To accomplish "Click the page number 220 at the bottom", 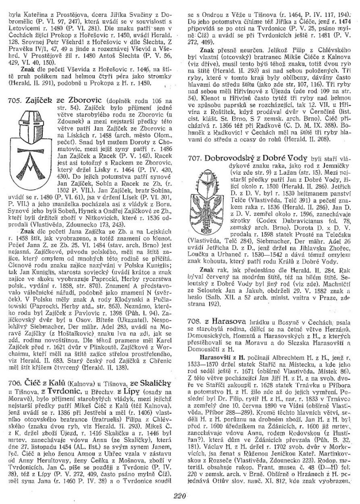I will coord(180,494).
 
